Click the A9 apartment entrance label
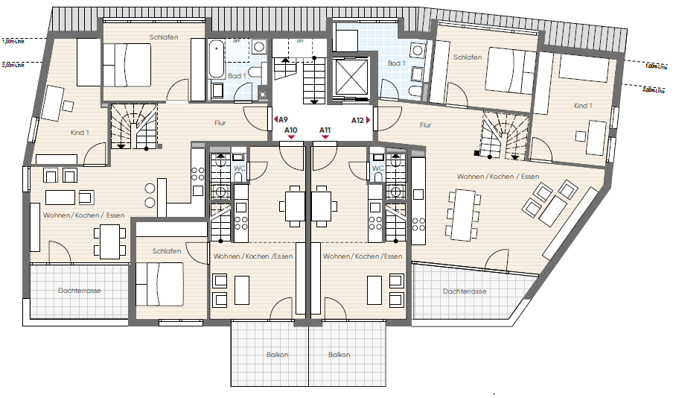coord(283,119)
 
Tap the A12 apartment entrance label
coord(358,119)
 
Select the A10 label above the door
coord(291,130)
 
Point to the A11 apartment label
coord(325,130)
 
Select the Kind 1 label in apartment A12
coord(583,106)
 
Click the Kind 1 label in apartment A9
coord(80,133)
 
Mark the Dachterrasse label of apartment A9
coord(80,290)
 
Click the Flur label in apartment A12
coord(425,125)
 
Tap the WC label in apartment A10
coord(240,168)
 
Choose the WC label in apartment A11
coord(377,168)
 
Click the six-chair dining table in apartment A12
coord(463,215)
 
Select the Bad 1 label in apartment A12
coord(396,63)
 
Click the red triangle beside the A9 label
coord(275,119)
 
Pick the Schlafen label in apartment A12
coord(468,57)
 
